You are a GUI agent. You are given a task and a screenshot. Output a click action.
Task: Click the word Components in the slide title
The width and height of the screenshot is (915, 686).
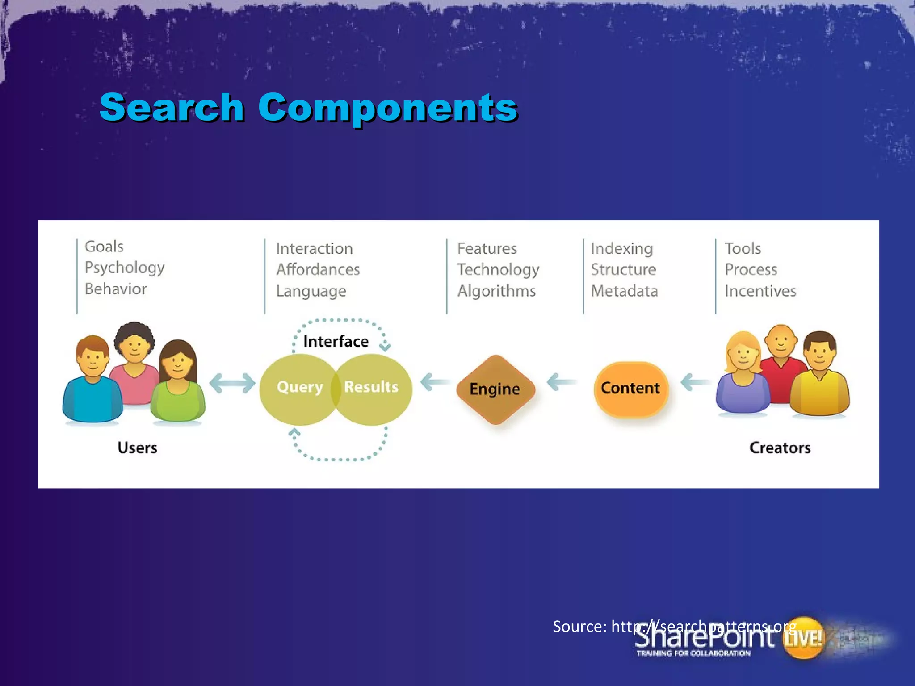[x=388, y=108]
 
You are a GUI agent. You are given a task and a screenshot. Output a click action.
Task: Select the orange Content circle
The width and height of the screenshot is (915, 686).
[x=630, y=389]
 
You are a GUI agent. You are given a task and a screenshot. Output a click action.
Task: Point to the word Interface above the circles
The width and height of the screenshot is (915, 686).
[x=336, y=342]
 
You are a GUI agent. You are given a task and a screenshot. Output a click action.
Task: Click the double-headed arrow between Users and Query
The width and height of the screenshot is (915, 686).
[x=232, y=383]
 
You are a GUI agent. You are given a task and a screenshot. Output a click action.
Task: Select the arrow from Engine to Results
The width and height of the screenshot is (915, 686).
[x=434, y=382]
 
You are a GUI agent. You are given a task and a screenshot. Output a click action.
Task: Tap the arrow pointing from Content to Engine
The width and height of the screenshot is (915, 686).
[x=561, y=382]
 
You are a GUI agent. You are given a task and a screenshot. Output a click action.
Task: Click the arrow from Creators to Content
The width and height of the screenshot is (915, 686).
[x=695, y=382]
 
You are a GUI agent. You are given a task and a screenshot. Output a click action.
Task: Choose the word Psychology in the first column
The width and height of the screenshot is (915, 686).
[x=125, y=268]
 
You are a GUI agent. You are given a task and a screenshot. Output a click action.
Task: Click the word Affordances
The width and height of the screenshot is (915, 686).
[x=318, y=270]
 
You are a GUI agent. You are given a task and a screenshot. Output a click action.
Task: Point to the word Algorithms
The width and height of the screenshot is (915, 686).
[x=496, y=291]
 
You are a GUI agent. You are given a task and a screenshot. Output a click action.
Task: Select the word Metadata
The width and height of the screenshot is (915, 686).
[x=624, y=291]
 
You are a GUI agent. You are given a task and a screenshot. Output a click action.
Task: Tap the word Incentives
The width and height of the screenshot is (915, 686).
[x=760, y=291]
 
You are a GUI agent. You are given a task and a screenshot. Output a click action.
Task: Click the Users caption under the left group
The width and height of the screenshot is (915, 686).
[x=137, y=448]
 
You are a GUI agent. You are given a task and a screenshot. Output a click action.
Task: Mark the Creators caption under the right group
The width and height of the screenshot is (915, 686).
[x=780, y=448]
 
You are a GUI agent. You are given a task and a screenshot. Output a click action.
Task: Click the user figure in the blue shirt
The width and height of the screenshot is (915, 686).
[x=93, y=384]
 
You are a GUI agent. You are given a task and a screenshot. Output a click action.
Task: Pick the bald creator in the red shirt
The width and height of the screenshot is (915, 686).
[x=781, y=362]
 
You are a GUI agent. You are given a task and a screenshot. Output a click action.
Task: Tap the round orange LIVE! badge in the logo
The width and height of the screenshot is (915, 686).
[x=803, y=638]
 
